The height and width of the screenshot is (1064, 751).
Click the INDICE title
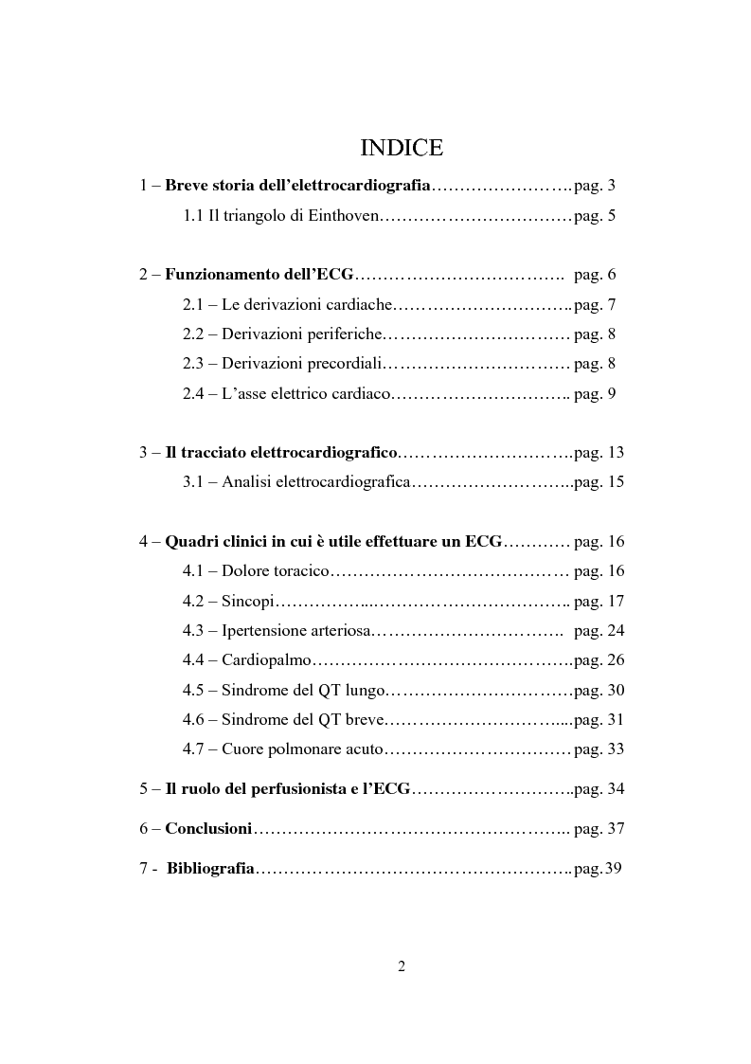pos(402,149)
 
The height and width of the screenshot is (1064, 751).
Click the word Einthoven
pos(344,216)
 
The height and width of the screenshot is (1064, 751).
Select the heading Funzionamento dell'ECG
pos(259,275)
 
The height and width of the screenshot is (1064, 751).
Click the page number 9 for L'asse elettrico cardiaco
pos(612,393)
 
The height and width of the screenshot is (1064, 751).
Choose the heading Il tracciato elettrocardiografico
pos(281,453)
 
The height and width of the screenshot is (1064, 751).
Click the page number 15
pos(616,482)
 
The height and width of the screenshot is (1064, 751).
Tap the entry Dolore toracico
pos(276,571)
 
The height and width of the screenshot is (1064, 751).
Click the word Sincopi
pos(248,602)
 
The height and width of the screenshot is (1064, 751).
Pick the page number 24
pos(616,631)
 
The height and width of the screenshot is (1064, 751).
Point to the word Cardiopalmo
pos(266,660)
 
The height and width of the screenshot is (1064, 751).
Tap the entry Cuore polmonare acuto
pos(302,749)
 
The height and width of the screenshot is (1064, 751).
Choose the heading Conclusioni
pos(208,829)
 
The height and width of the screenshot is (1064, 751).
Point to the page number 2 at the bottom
pos(402,966)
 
